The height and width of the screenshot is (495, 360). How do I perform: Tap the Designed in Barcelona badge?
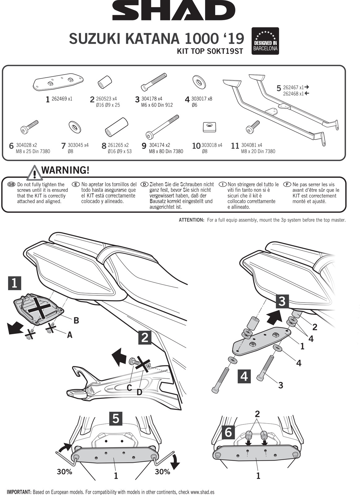pos(265,41)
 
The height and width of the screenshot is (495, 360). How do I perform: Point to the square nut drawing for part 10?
pos(209,126)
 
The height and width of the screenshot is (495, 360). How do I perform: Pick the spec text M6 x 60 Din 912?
pos(157,105)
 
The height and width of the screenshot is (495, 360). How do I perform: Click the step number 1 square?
pos(15,283)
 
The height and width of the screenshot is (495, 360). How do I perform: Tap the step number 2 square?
pos(145,337)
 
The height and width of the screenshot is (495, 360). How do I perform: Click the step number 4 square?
pos(244,376)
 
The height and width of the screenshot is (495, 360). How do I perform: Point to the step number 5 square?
pos(116,418)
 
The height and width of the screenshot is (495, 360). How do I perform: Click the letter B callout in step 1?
pos(76,321)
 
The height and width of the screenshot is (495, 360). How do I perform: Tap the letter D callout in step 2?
pos(139,392)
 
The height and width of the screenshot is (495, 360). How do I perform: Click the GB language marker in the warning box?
pos(11,184)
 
